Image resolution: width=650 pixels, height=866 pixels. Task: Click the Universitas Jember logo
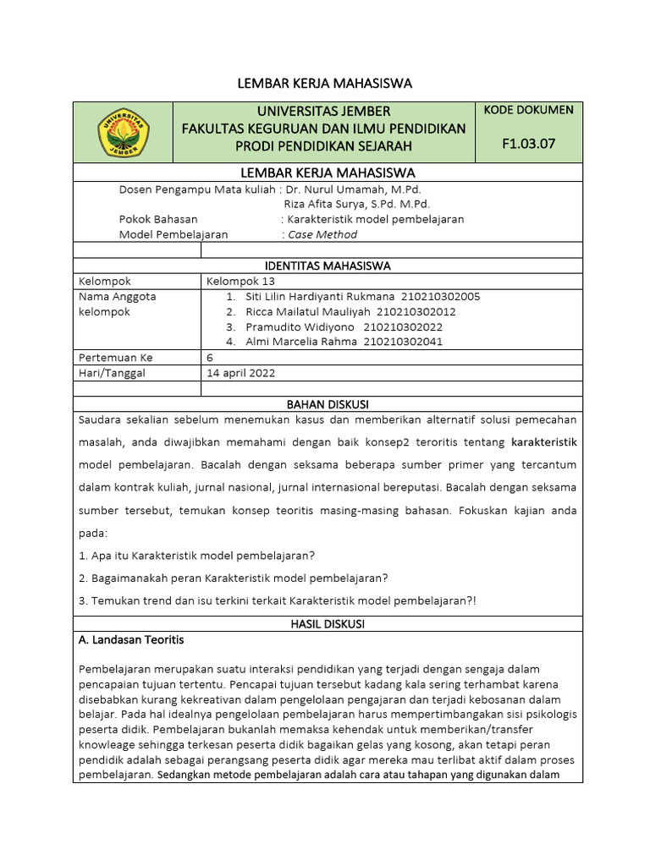coord(124,132)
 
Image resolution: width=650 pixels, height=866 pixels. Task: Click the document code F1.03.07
coord(529,144)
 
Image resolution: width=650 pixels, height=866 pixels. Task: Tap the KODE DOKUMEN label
coord(529,110)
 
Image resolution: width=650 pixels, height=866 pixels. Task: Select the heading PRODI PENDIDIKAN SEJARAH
coord(323,146)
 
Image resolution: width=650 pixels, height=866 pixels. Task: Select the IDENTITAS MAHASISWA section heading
coord(328,266)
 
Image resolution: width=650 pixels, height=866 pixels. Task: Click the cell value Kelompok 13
coord(241,281)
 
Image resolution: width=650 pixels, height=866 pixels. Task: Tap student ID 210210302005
coord(440,296)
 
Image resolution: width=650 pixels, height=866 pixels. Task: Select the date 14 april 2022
coord(241,372)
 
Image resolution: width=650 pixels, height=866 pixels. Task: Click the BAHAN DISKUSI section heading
coord(328,404)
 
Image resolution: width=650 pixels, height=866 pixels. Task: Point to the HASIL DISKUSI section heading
coord(327,623)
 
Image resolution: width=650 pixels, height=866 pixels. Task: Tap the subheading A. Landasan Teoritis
coord(131,639)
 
